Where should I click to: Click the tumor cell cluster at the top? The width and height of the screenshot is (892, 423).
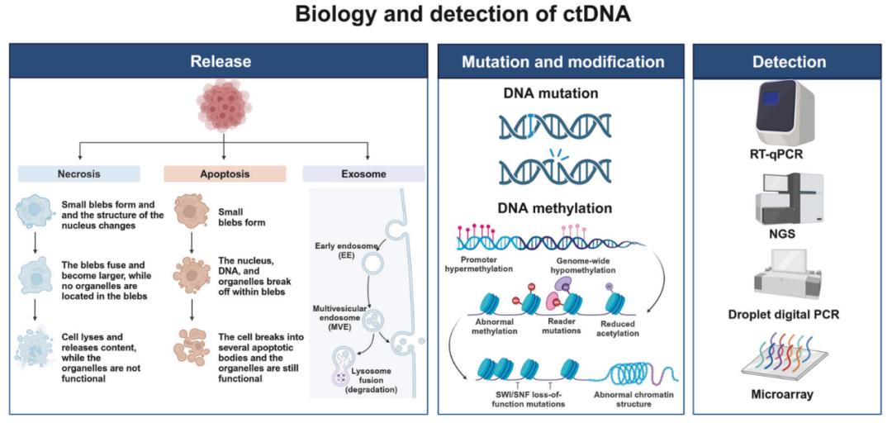224,106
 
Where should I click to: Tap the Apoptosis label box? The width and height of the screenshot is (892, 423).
224,174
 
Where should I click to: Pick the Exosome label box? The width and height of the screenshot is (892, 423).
363,174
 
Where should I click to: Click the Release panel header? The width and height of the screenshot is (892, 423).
221,61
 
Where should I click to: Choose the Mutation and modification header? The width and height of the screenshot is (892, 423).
562,61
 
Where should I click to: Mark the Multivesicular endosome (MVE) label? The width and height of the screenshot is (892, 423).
339,318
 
